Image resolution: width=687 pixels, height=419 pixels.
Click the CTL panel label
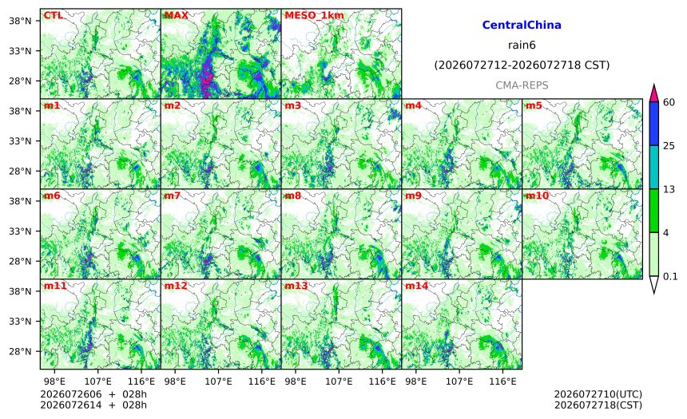tap(53, 15)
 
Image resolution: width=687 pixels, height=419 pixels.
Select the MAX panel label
tap(176, 15)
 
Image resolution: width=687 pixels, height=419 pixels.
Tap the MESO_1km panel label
tap(314, 16)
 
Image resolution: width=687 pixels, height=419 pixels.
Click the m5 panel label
tap(533, 105)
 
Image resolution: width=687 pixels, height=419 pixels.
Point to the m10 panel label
tap(537, 196)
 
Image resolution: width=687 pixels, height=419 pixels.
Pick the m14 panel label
tap(416, 286)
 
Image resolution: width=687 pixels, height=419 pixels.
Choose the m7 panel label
tap(173, 196)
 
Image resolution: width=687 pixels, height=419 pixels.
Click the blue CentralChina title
tap(522, 25)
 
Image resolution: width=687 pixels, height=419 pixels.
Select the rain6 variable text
tap(522, 45)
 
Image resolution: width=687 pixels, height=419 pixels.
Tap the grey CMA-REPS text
tap(522, 85)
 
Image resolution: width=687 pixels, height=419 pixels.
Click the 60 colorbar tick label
tap(669, 102)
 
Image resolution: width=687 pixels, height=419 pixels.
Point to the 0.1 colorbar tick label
tap(670, 276)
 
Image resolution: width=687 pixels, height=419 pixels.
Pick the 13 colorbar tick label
tap(669, 189)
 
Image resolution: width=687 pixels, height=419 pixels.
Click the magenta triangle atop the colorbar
tap(653, 93)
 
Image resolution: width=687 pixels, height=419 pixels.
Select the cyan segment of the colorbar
tap(653, 168)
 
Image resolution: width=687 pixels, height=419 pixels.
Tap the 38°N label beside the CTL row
tap(21, 21)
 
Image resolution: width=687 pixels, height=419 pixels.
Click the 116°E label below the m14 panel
tap(502, 381)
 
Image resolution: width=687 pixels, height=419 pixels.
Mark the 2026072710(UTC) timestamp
tap(598, 395)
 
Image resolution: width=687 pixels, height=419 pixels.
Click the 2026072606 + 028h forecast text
tap(93, 394)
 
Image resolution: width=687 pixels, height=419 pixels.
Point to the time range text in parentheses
tap(522, 65)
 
